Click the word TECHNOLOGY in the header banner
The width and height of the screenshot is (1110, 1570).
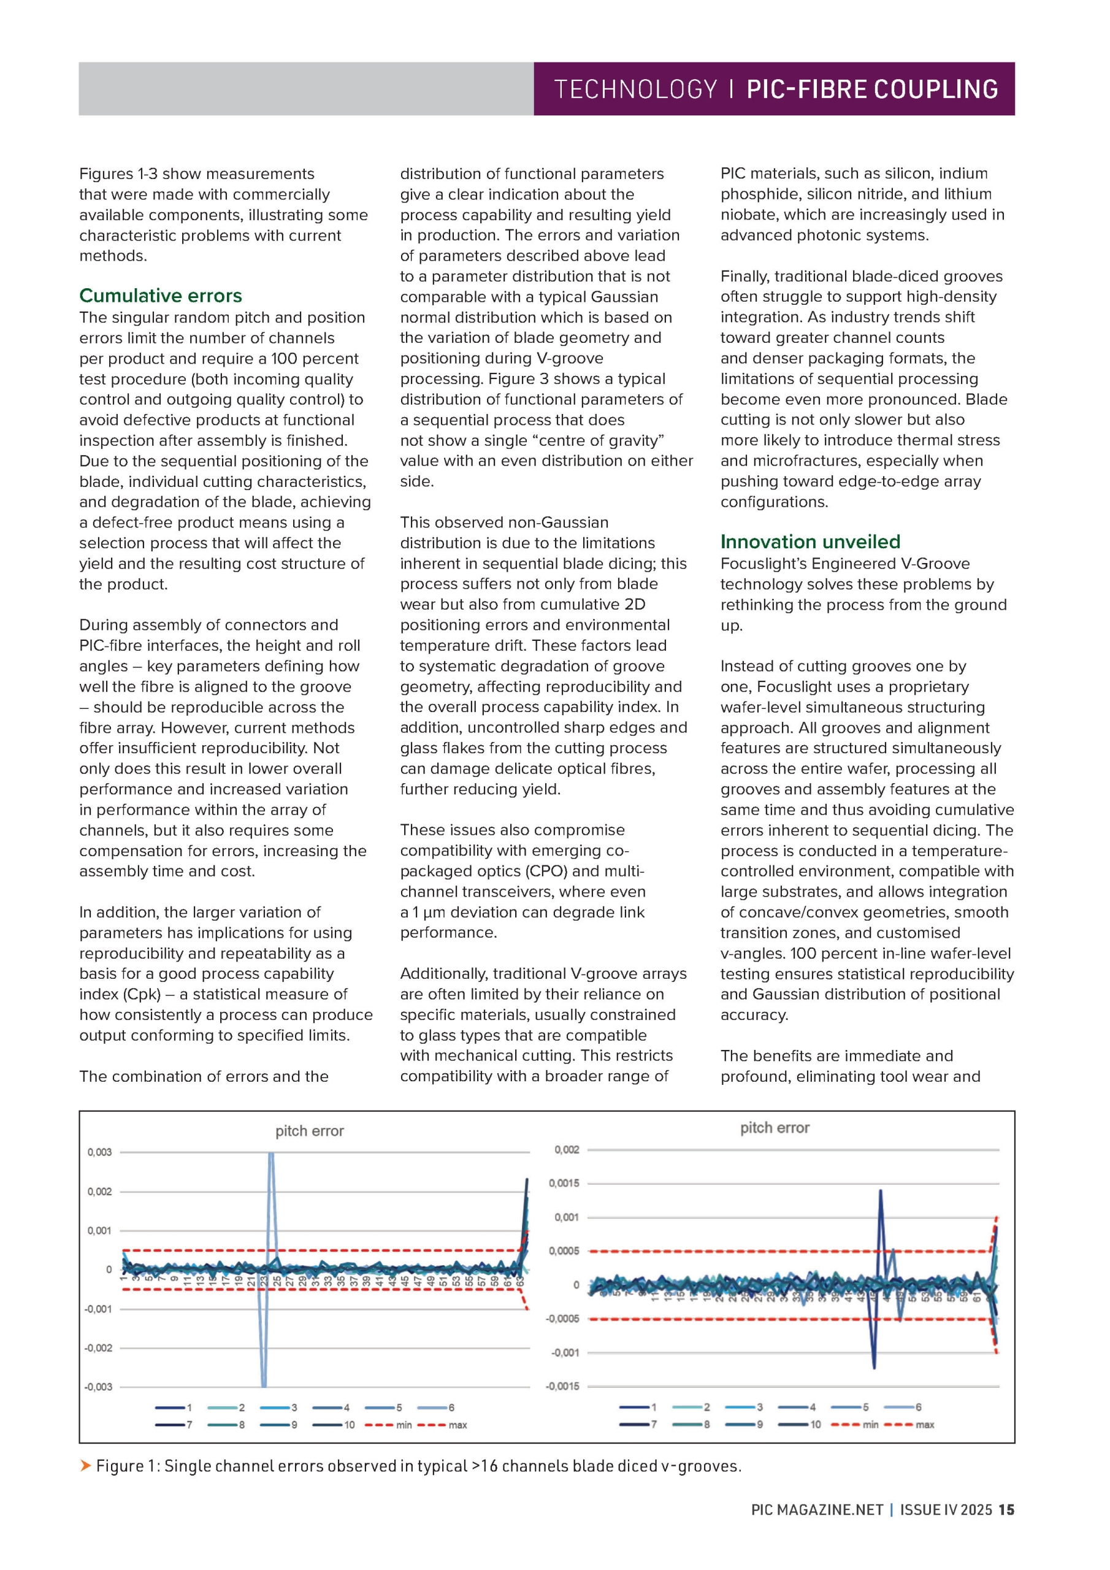tap(635, 90)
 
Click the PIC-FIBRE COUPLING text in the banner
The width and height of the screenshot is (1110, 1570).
tap(872, 90)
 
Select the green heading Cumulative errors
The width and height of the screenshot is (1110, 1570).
tap(161, 296)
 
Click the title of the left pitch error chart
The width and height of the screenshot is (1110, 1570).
tap(309, 1131)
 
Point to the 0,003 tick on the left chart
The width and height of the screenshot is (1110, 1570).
tap(99, 1152)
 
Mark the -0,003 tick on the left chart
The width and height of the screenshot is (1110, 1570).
tap(98, 1387)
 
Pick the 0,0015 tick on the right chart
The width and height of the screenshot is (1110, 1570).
tap(564, 1183)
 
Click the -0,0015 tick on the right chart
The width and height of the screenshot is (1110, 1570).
tap(562, 1386)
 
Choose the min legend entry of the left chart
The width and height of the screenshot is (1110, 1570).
tap(404, 1425)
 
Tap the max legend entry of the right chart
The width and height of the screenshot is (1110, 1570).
tap(925, 1425)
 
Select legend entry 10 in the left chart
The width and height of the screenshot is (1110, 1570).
tap(349, 1425)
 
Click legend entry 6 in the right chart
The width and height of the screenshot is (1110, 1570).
tap(919, 1407)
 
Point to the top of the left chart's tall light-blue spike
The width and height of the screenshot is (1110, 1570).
tap(271, 1154)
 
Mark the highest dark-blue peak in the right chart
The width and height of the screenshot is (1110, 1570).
tap(880, 1190)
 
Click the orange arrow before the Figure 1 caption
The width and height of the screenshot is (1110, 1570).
tap(85, 1465)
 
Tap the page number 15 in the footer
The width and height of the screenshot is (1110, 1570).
tap(1006, 1510)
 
